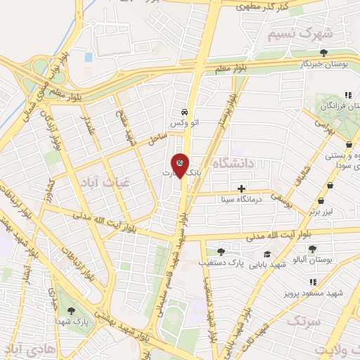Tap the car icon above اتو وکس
(x=184, y=112)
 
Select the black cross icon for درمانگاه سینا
(x=242, y=188)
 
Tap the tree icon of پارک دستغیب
(x=221, y=251)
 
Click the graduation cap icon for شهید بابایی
(x=266, y=254)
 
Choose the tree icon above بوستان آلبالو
(x=312, y=249)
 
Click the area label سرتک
(x=302, y=320)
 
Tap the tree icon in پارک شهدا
(x=70, y=309)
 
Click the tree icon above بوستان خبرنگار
(x=323, y=53)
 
